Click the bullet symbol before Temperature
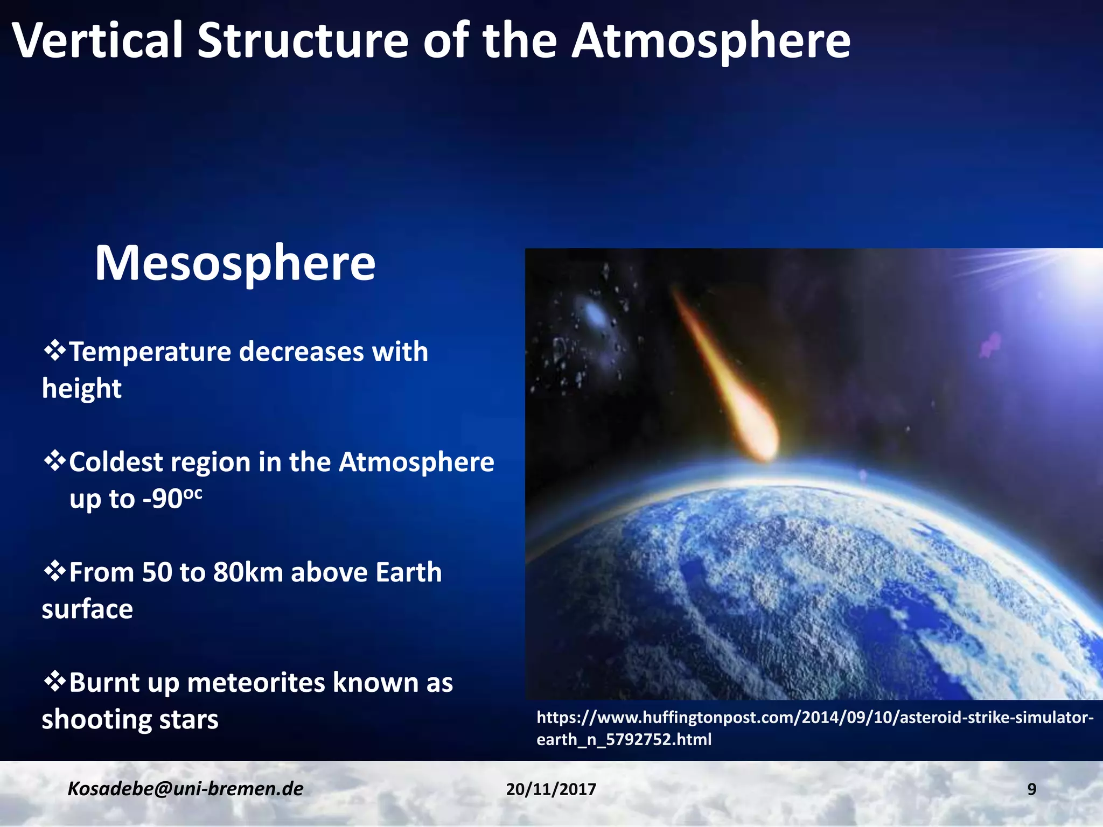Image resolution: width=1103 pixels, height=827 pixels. tap(54, 351)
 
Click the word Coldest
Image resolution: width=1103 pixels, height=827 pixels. tap(115, 462)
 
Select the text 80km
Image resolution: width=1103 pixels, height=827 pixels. tap(248, 572)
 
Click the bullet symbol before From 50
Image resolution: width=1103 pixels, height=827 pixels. tap(54, 571)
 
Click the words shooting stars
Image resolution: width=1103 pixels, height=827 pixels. tap(130, 719)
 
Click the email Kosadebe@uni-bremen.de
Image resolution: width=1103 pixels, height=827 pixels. tap(185, 789)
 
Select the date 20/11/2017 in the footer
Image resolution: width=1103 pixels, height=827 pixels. tap(551, 789)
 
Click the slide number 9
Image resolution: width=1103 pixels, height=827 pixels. tap(1031, 789)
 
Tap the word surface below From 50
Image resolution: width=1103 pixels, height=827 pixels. tap(87, 609)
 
